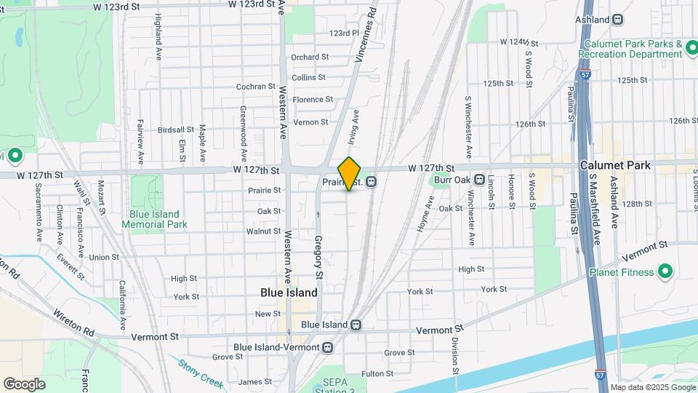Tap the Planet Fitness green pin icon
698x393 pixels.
(665, 272)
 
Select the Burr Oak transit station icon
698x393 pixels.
(479, 179)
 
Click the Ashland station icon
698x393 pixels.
(617, 20)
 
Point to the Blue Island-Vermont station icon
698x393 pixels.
(328, 348)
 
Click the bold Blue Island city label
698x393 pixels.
(289, 293)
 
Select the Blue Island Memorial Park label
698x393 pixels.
(158, 219)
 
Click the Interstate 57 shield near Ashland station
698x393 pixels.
(585, 74)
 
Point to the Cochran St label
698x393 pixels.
(255, 87)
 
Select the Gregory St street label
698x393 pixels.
(318, 258)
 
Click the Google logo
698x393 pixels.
(24, 384)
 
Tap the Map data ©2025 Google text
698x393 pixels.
(651, 387)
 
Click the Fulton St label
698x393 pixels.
(377, 373)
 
